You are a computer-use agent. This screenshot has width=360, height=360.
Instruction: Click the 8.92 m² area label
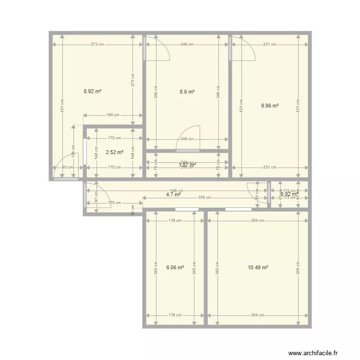pyautogui.click(x=92, y=91)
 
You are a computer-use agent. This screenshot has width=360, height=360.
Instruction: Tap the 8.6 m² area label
pyautogui.click(x=187, y=91)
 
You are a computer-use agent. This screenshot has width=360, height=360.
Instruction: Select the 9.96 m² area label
pyautogui.click(x=270, y=106)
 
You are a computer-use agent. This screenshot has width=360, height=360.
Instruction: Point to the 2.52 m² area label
pyautogui.click(x=115, y=152)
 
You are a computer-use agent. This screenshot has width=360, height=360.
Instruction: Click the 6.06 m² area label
pyautogui.click(x=175, y=268)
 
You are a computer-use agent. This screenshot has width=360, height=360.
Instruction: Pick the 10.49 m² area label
pyautogui.click(x=258, y=268)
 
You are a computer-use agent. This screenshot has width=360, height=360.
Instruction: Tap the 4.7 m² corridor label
pyautogui.click(x=173, y=194)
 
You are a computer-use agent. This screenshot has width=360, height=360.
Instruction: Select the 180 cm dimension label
pyautogui.click(x=113, y=115)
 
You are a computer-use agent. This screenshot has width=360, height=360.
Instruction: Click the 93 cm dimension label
pyautogui.click(x=68, y=168)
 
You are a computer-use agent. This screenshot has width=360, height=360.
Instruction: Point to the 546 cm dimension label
pyautogui.click(x=176, y=191)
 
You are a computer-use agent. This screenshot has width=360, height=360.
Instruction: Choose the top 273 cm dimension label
pyautogui.click(x=97, y=45)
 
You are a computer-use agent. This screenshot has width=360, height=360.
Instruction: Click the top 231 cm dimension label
pyautogui.click(x=270, y=45)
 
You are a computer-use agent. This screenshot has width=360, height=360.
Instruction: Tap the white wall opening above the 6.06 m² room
pyautogui.click(x=187, y=209)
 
